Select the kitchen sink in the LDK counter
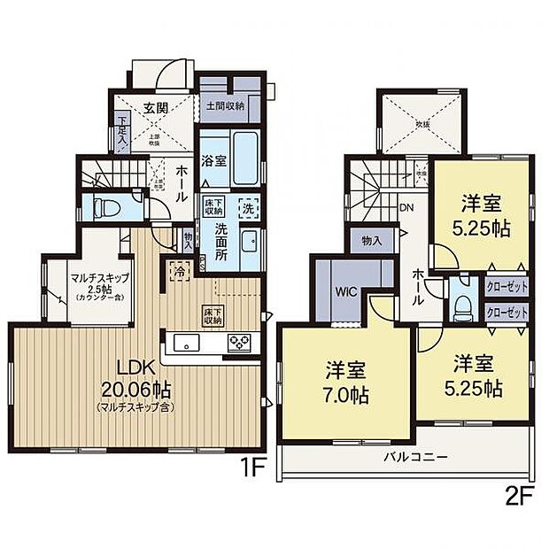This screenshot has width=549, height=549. click(x=188, y=342)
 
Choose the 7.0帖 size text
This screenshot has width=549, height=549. click(x=346, y=396)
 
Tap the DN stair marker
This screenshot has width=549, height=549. click(x=406, y=208)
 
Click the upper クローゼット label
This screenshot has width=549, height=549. click(x=506, y=287)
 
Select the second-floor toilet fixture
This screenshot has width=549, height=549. click(x=461, y=305)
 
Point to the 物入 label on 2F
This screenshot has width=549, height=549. click(x=371, y=239)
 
